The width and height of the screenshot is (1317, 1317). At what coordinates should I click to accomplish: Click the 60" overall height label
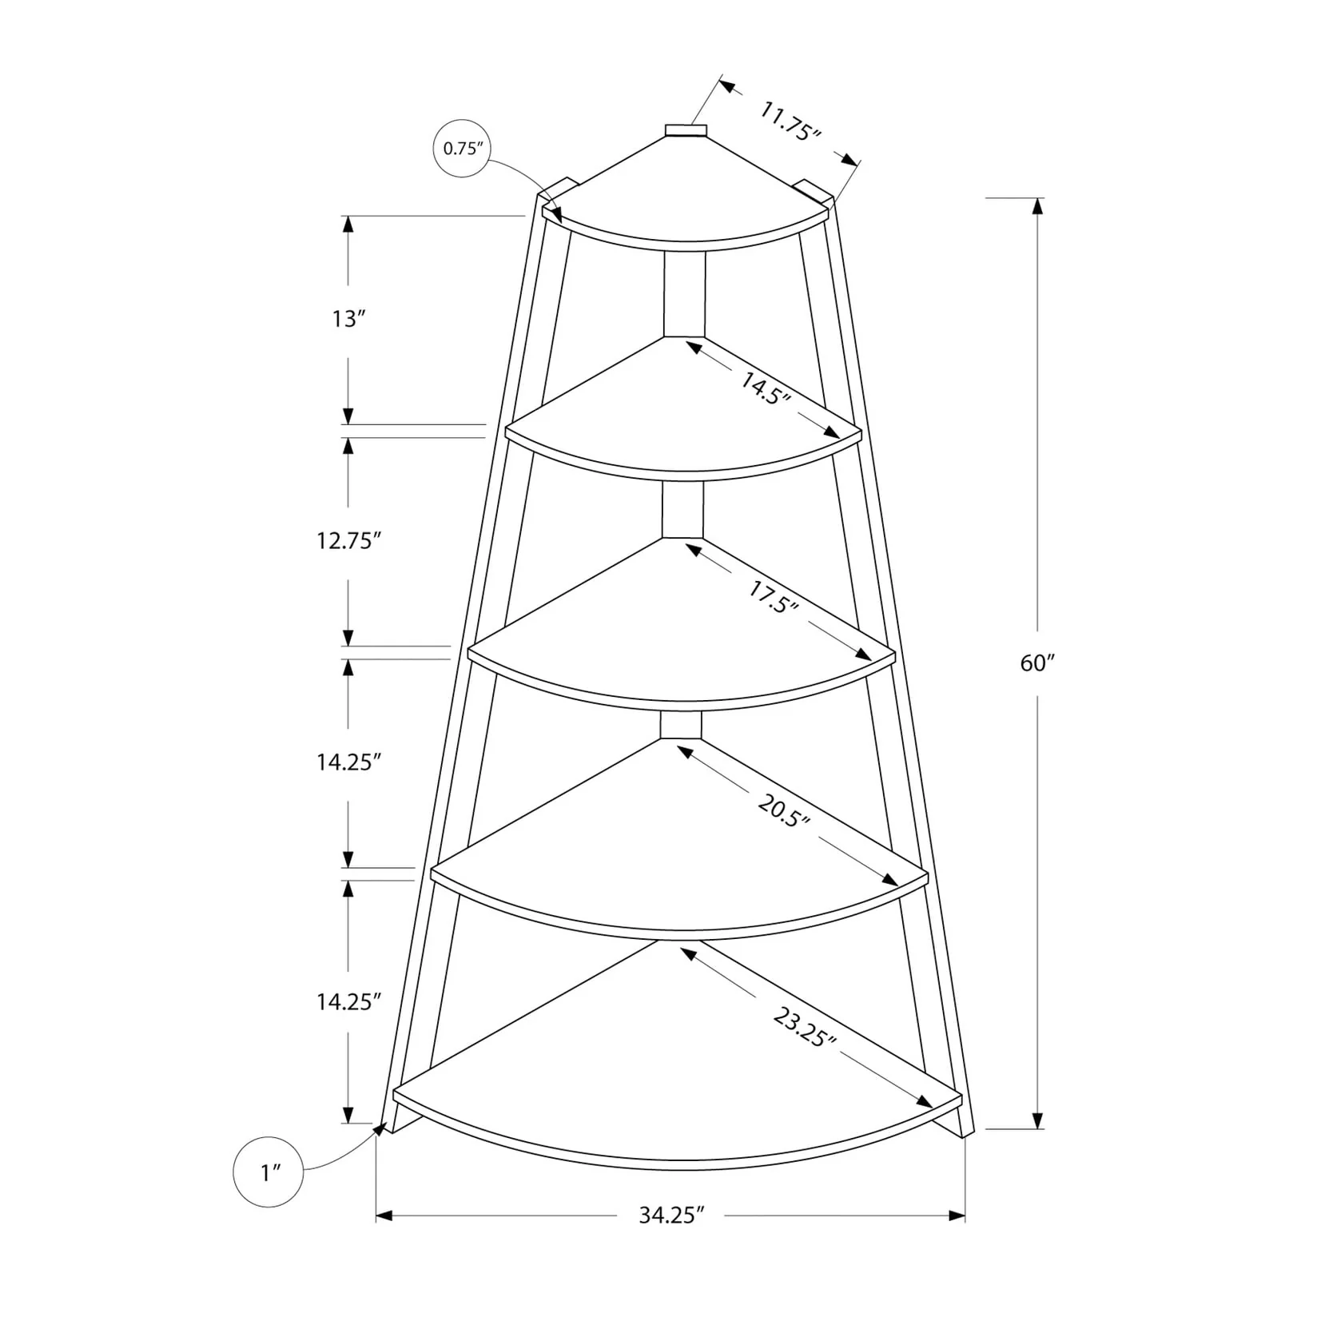(x=1037, y=663)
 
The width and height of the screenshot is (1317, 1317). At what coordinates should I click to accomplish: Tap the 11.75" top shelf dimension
(x=790, y=121)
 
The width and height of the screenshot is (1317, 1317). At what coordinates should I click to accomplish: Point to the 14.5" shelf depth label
(x=763, y=389)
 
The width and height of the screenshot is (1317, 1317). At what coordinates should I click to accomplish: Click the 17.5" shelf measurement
(x=774, y=596)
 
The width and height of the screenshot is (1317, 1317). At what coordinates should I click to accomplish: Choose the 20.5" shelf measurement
(x=784, y=812)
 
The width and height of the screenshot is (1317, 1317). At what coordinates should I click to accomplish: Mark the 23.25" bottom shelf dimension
(x=804, y=1027)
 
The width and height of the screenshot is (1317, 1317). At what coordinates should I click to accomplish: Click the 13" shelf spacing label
(x=348, y=320)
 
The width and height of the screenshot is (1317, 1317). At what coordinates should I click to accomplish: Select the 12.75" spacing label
(x=345, y=541)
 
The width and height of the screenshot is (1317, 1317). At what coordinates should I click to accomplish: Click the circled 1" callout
(x=268, y=1173)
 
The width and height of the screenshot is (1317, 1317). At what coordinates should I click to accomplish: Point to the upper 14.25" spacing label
(x=345, y=762)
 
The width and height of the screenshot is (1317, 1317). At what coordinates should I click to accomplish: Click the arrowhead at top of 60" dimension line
(x=1037, y=206)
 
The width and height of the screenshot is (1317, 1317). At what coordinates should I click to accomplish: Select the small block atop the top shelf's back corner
(x=686, y=131)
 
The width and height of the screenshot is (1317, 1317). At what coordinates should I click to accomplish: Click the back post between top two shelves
(x=684, y=294)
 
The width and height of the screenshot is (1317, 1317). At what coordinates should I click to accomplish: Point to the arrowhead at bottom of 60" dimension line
(x=1037, y=1120)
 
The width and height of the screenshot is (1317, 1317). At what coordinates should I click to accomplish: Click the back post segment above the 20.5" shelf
(x=681, y=724)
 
